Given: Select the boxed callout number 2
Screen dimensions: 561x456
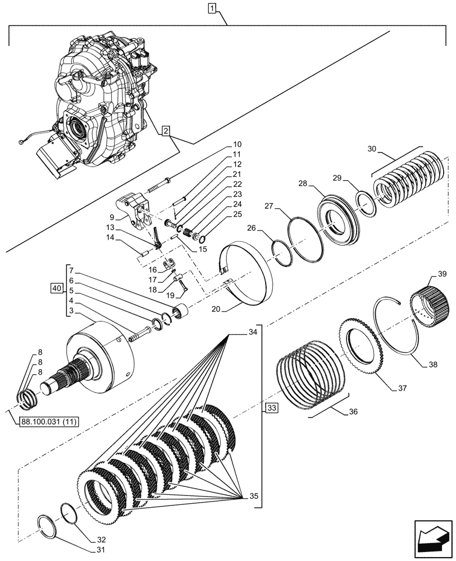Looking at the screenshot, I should tap(165, 131).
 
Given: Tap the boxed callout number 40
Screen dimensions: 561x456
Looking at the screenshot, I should tap(56, 289).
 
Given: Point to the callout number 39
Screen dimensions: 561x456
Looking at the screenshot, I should tap(443, 274).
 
